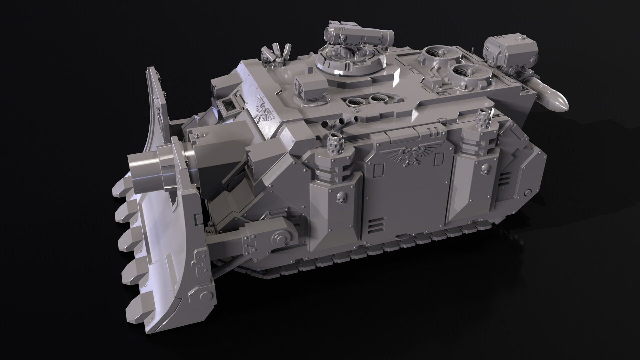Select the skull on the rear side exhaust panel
coord(484,172)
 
